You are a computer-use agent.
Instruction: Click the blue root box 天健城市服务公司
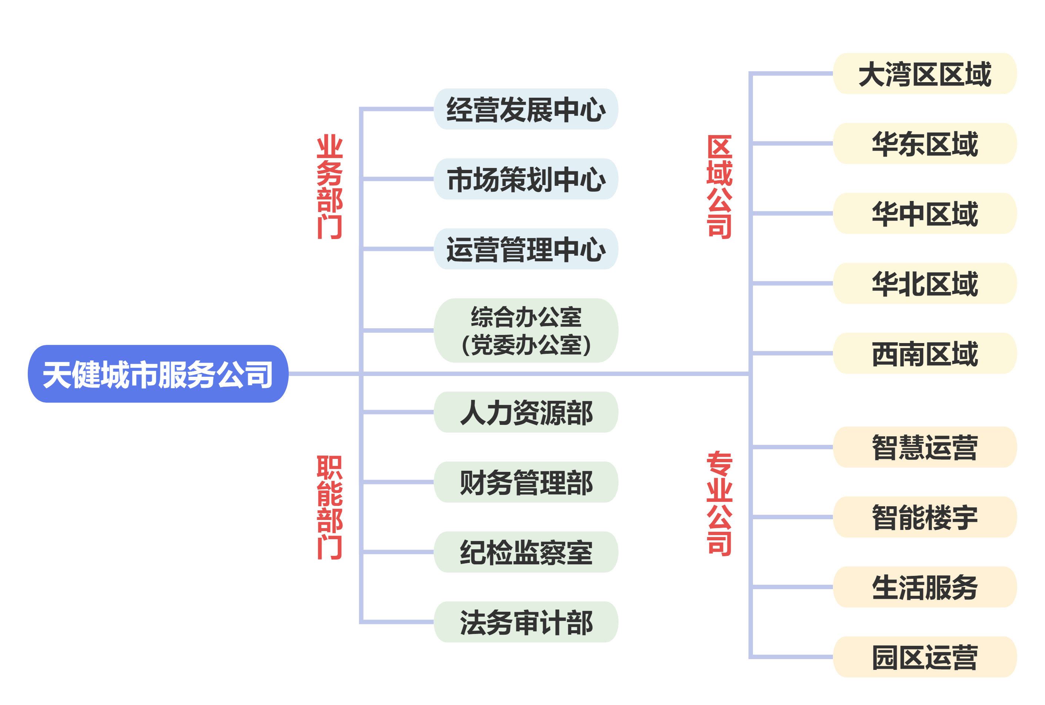pyautogui.click(x=158, y=374)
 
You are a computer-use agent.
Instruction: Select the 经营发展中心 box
pyautogui.click(x=526, y=109)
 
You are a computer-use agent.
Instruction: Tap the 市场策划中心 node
pyautogui.click(x=526, y=179)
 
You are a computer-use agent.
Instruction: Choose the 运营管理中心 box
pyautogui.click(x=526, y=249)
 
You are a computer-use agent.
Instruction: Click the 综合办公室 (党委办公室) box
pyautogui.click(x=526, y=330)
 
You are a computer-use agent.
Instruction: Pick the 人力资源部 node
pyautogui.click(x=526, y=412)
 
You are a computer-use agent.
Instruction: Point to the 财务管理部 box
pyautogui.click(x=526, y=482)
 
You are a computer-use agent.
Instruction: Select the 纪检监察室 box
pyautogui.click(x=526, y=552)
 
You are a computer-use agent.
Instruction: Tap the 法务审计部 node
pyautogui.click(x=526, y=622)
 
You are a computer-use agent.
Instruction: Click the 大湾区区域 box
pyautogui.click(x=925, y=74)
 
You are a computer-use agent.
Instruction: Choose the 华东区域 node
pyautogui.click(x=925, y=144)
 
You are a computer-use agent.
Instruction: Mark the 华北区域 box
pyautogui.click(x=925, y=283)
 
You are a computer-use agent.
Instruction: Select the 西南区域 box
pyautogui.click(x=925, y=353)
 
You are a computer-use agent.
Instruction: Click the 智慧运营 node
pyautogui.click(x=925, y=447)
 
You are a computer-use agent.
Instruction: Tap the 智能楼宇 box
pyautogui.click(x=925, y=517)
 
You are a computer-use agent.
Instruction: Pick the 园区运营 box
pyautogui.click(x=925, y=657)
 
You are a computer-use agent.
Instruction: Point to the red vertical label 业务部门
pyautogui.click(x=329, y=187)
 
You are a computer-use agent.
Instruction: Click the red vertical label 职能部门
pyautogui.click(x=329, y=507)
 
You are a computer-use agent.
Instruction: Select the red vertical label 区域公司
pyautogui.click(x=720, y=187)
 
